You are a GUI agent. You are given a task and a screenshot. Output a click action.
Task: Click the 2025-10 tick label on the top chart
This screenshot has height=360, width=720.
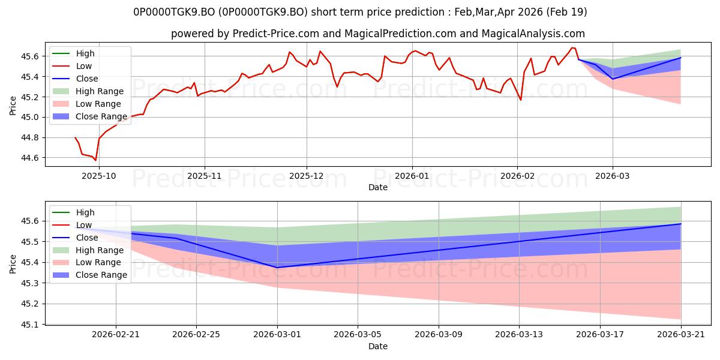tap(98, 176)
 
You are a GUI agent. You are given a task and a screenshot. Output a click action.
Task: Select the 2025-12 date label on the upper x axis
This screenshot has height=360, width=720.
tap(307, 176)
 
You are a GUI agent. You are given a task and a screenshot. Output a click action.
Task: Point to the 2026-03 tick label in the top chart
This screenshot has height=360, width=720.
tap(613, 176)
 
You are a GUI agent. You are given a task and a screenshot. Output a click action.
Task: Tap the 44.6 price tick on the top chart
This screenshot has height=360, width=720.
tap(29, 158)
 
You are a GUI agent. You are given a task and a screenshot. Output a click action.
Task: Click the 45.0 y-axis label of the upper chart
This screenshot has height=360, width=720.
tap(29, 118)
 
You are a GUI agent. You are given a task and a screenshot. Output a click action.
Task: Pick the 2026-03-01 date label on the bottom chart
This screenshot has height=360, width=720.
tap(277, 335)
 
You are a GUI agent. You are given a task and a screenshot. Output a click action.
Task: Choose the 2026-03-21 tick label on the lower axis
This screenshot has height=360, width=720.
tap(681, 335)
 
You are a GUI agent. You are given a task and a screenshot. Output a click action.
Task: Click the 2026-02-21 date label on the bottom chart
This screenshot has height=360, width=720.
tap(116, 335)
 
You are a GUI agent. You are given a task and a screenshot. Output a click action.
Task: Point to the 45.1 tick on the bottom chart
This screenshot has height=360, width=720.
tap(29, 325)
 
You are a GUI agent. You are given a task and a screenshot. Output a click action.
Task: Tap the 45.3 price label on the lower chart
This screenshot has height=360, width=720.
tap(29, 283)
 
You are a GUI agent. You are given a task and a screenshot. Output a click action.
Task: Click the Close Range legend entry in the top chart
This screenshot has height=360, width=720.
tap(89, 116)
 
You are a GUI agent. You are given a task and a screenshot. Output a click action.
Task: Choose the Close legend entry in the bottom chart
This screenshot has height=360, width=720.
tap(75, 238)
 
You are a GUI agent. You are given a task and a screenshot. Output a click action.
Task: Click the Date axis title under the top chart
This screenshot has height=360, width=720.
tap(378, 187)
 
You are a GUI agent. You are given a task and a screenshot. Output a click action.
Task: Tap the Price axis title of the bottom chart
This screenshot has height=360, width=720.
tap(13, 264)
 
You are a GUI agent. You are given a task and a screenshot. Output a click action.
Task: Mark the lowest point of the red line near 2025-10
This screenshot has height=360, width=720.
tap(95, 160)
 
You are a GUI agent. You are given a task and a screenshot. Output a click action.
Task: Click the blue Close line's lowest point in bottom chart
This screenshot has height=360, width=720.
tap(277, 268)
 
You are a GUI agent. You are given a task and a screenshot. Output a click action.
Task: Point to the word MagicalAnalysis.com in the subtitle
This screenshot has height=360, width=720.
tap(533, 34)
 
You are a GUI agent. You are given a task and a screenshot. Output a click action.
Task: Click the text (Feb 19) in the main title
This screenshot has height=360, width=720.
tap(566, 12)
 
